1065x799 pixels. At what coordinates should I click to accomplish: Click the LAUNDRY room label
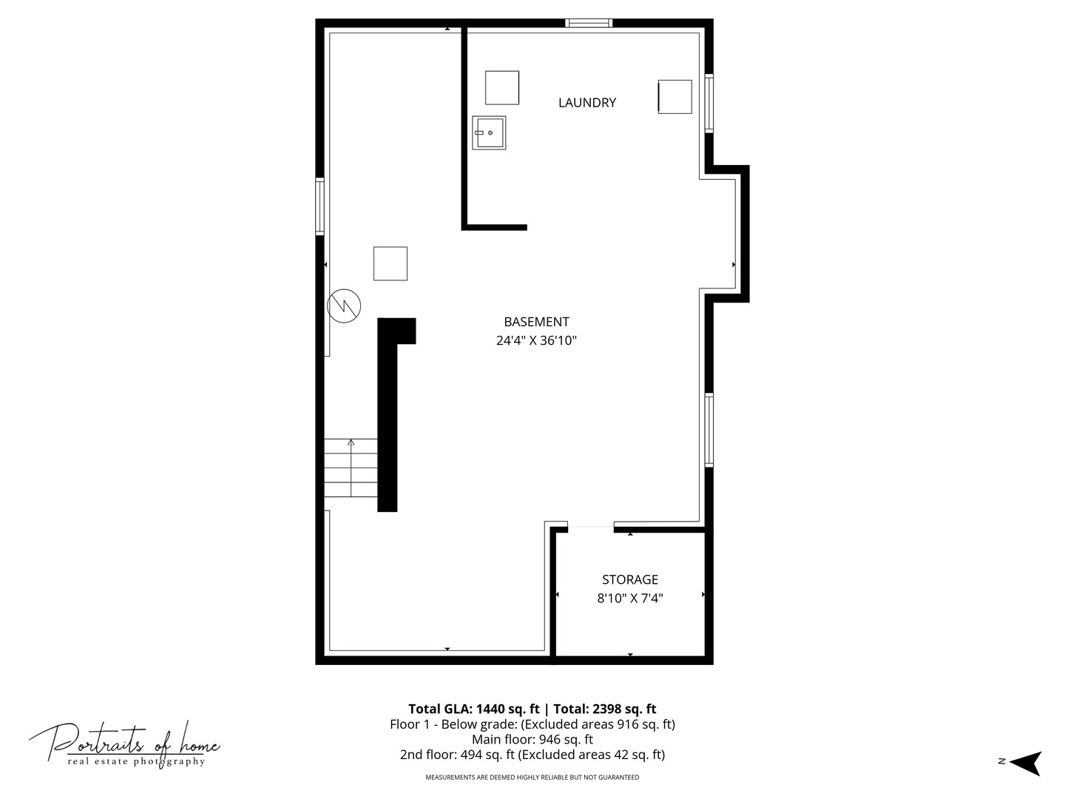[586, 103]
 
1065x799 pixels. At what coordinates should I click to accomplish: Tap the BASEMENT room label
[536, 322]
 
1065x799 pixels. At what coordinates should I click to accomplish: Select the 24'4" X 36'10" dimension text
[536, 341]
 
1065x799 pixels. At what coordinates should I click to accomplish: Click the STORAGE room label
[629, 580]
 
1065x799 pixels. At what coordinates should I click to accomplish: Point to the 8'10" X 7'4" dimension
[629, 599]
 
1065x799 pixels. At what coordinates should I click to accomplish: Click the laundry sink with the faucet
[489, 133]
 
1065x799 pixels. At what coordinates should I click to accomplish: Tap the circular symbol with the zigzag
[344, 305]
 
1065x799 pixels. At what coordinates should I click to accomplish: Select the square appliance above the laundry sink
[501, 87]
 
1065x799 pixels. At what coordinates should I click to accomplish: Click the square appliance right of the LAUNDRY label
[674, 97]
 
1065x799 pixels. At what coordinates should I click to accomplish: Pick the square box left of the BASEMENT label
[390, 263]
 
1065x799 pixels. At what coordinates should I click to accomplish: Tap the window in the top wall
[589, 23]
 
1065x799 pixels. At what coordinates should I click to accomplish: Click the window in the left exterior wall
[319, 206]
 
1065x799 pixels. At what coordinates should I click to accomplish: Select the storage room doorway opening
[590, 527]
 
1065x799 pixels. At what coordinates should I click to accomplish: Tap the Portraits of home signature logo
[124, 744]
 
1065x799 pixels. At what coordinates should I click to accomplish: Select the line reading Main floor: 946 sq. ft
[532, 739]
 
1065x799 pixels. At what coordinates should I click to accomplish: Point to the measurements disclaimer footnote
[532, 778]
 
